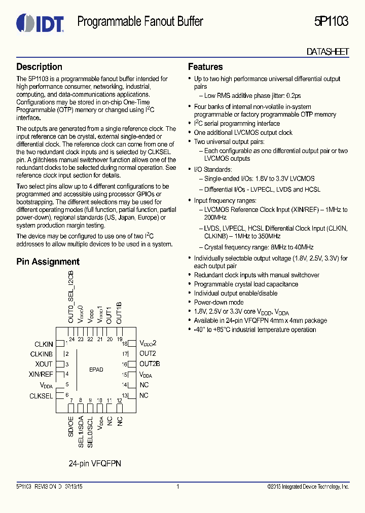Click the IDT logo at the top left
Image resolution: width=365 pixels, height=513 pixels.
(40, 23)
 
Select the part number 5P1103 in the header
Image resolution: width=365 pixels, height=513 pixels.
(331, 22)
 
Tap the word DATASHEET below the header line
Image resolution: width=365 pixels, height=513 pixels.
(328, 52)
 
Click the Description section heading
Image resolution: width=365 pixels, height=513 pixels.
(40, 67)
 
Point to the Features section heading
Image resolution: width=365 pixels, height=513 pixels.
(205, 67)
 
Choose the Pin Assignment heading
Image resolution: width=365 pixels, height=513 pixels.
(48, 262)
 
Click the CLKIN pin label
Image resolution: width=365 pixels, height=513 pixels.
(44, 345)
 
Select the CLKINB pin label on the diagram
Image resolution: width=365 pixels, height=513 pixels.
(42, 354)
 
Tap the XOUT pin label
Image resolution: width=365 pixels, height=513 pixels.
(44, 364)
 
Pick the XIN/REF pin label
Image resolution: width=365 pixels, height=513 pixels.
(41, 375)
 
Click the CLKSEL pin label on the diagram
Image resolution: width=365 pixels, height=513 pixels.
(41, 396)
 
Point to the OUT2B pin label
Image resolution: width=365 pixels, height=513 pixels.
(150, 364)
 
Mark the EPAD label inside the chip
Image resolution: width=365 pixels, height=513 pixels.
(96, 370)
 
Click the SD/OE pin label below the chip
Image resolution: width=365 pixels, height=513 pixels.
(71, 427)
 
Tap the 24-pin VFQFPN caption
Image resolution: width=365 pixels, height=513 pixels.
(95, 464)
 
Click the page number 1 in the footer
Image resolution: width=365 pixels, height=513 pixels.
(178, 487)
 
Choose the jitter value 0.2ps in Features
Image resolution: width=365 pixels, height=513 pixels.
(294, 96)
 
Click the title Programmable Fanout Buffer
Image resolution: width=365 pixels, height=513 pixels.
(140, 22)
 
